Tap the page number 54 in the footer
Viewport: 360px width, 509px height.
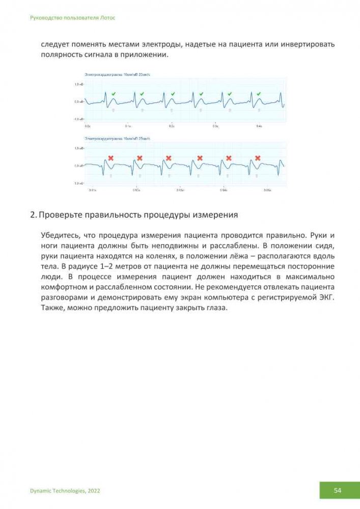click(x=338, y=490)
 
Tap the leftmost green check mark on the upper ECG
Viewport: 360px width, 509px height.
click(x=114, y=94)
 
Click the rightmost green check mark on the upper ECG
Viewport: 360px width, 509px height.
click(x=259, y=94)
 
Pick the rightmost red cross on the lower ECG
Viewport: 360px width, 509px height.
click(x=258, y=158)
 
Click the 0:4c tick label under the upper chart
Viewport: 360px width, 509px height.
click(x=259, y=125)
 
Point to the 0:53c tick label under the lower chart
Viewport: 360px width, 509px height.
click(x=181, y=190)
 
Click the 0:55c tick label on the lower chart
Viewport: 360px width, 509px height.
click(x=267, y=190)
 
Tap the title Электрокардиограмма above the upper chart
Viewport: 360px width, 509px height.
click(x=102, y=75)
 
